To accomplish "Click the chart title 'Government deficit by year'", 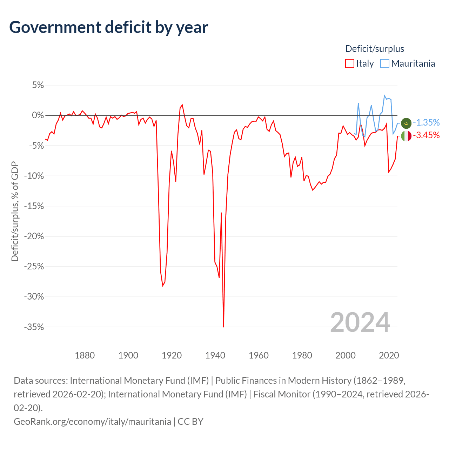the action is click(x=108, y=27).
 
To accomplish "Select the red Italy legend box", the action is click(x=349, y=63).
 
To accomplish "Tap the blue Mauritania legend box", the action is click(x=385, y=63).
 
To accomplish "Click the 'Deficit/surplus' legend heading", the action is click(x=375, y=49).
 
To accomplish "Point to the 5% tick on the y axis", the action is click(x=38, y=85).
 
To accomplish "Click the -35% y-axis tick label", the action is click(x=34, y=327).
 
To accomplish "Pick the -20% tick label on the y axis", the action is click(x=34, y=236).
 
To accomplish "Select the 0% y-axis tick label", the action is click(x=38, y=115).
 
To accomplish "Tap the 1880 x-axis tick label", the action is click(x=85, y=355).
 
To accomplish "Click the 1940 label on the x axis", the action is click(x=215, y=355).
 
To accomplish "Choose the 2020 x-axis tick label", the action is click(x=389, y=355).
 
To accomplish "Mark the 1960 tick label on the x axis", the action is click(x=259, y=355).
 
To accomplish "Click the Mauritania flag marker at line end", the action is click(x=406, y=123).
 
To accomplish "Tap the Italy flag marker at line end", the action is click(x=406, y=136).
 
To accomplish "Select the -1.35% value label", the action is click(x=427, y=122).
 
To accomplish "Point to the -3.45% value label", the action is click(x=427, y=135).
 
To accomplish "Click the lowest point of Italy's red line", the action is click(x=223, y=327).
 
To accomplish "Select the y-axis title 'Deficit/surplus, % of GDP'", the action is click(x=15, y=211).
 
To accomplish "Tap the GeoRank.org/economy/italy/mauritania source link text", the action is click(x=93, y=422).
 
